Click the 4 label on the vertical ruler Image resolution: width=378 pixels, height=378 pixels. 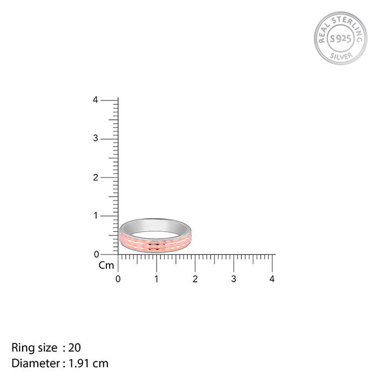[x=96, y=100]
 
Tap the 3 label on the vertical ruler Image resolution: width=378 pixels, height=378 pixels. [x=96, y=138]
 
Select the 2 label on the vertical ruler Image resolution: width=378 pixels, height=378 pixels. [x=96, y=177]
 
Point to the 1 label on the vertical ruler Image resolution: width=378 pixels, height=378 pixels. [x=96, y=215]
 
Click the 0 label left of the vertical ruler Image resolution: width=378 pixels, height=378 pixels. [x=96, y=254]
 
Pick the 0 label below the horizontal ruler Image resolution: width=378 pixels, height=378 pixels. [x=118, y=279]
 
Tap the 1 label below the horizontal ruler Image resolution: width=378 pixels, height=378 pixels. [x=157, y=279]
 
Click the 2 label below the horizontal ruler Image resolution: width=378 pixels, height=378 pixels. [x=195, y=279]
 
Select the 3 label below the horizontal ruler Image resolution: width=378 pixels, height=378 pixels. [x=234, y=279]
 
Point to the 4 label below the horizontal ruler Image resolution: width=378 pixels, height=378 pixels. [x=272, y=279]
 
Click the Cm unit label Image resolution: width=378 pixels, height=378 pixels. [x=106, y=265]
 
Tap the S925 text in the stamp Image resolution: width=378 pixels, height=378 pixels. [x=340, y=38]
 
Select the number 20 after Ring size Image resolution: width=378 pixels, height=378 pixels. [x=75, y=347]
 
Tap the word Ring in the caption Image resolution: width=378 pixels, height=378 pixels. [x=22, y=347]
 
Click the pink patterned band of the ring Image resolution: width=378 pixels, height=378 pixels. [x=156, y=245]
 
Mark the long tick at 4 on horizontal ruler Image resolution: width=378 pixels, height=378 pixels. [x=272, y=263]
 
